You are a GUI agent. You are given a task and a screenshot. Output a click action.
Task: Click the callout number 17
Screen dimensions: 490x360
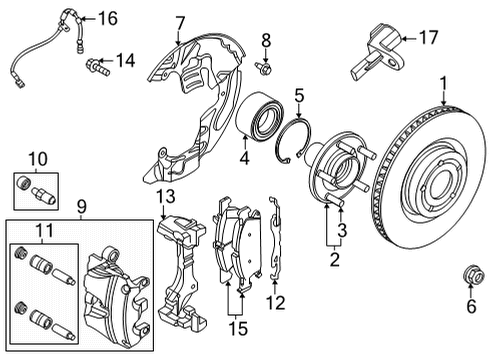point(428,37)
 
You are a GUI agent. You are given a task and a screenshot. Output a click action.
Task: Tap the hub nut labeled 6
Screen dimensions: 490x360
point(471,275)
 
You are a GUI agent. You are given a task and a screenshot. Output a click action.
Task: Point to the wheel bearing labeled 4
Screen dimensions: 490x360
point(260,115)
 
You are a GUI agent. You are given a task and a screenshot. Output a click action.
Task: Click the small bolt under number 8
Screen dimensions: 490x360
point(263,68)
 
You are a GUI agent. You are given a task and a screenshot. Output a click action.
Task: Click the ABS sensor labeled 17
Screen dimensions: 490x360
point(377,53)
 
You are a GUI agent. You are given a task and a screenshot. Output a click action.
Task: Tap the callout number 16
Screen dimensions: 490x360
point(107,18)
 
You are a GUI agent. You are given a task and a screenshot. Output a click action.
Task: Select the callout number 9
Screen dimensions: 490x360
point(81,207)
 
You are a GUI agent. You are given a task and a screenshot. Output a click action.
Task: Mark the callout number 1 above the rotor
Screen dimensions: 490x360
point(444,84)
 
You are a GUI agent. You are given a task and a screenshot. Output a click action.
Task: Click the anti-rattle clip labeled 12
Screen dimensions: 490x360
point(275,237)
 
